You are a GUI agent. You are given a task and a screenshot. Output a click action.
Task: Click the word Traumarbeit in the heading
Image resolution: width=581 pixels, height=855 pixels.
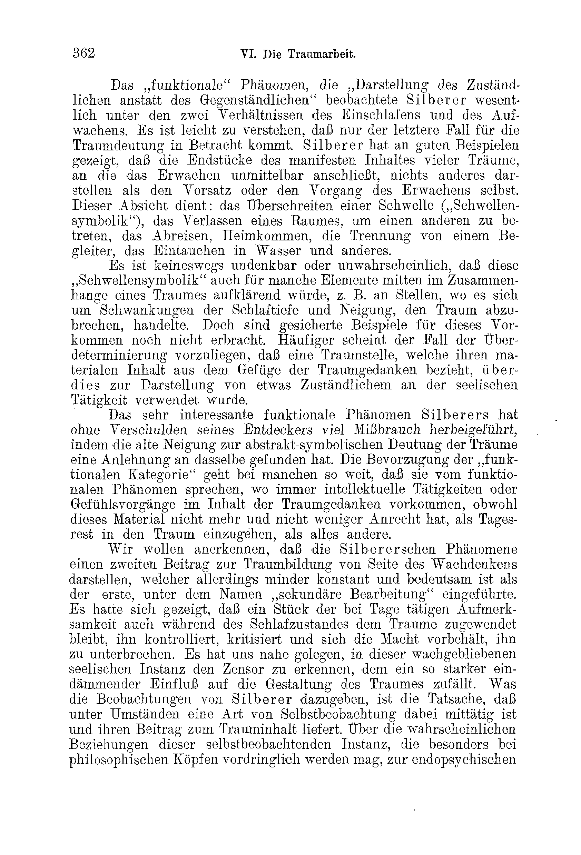tap(321, 54)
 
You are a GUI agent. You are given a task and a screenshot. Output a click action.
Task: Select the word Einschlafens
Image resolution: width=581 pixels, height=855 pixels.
tap(381, 115)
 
